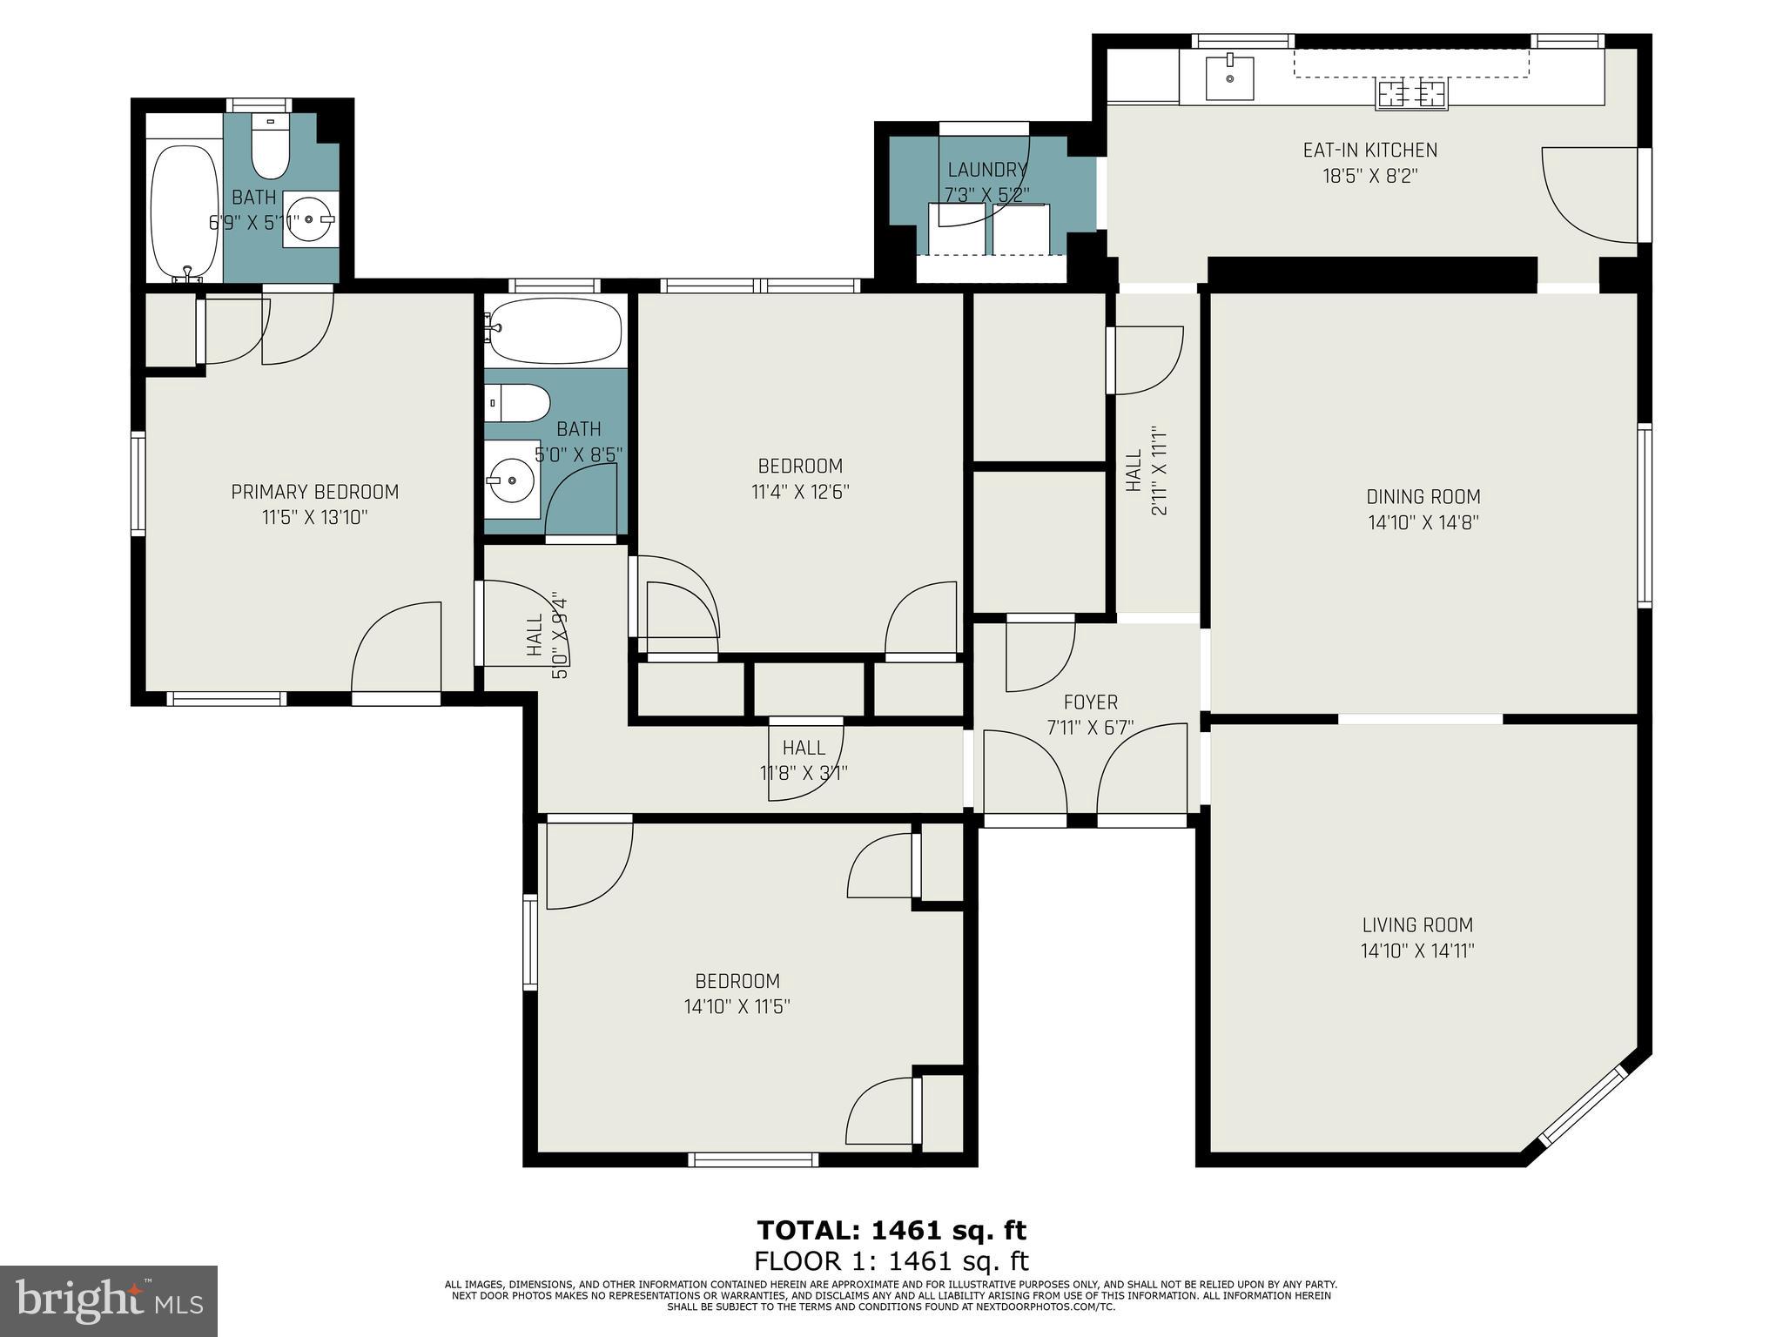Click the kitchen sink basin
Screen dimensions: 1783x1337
(x=1229, y=78)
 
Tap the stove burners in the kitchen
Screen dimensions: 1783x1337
(x=1411, y=93)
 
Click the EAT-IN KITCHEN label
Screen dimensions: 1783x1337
(x=1369, y=150)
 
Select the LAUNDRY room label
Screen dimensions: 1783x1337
(x=987, y=170)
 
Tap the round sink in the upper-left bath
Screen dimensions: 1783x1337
(x=309, y=219)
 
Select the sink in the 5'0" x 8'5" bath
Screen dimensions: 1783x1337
(x=511, y=479)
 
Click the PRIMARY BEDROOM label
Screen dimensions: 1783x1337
(x=315, y=492)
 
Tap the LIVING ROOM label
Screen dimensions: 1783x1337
(x=1417, y=925)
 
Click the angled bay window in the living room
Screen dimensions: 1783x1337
(x=1582, y=1117)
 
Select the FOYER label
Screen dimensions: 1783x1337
(x=1090, y=702)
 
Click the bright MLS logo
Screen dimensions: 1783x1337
(x=109, y=1301)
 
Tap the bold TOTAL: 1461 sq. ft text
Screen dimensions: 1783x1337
(x=891, y=1230)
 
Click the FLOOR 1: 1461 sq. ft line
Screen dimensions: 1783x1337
(x=891, y=1260)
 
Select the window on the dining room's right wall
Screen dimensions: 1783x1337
(x=1644, y=514)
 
